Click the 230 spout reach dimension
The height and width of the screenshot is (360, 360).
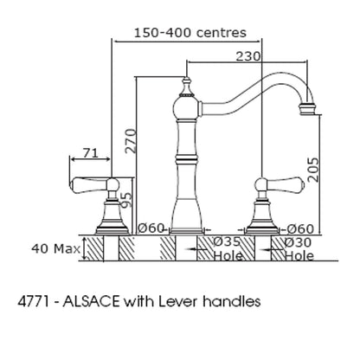247,56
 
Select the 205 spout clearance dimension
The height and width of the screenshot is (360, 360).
313,170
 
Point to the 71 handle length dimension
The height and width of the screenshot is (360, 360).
91,152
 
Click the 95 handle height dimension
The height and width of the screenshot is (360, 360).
125,200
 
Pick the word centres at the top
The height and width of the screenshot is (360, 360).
222,33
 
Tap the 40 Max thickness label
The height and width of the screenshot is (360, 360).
55,248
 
